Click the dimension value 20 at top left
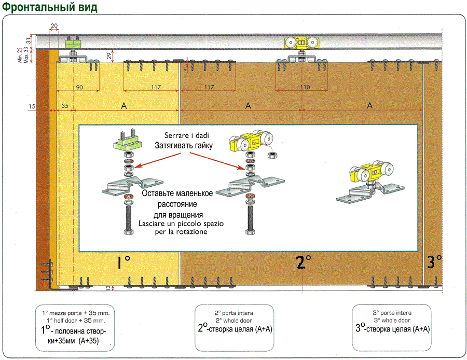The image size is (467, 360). [54, 25]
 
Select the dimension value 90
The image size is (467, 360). [79, 87]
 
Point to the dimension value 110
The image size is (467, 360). [305, 87]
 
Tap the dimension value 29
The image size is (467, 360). [109, 56]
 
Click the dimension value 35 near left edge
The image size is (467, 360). [64, 105]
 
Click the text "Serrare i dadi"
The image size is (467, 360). [184, 136]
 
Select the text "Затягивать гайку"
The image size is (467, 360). [184, 146]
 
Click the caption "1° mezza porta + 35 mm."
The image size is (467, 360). [76, 313]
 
